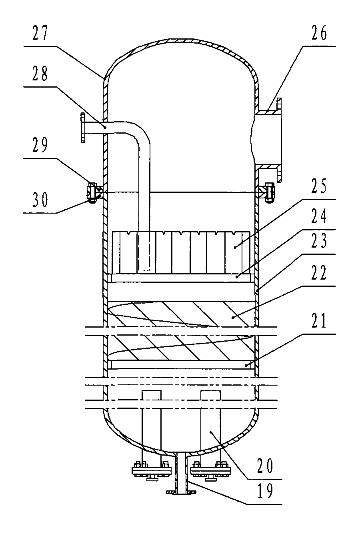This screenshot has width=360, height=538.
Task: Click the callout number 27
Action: [40, 33]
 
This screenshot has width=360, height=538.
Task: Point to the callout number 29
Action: [40, 145]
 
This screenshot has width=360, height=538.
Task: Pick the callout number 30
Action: [40, 200]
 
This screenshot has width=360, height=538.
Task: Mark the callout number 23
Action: [319, 241]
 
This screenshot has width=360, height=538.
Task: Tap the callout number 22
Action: [319, 272]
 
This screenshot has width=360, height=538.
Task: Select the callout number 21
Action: [319, 320]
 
